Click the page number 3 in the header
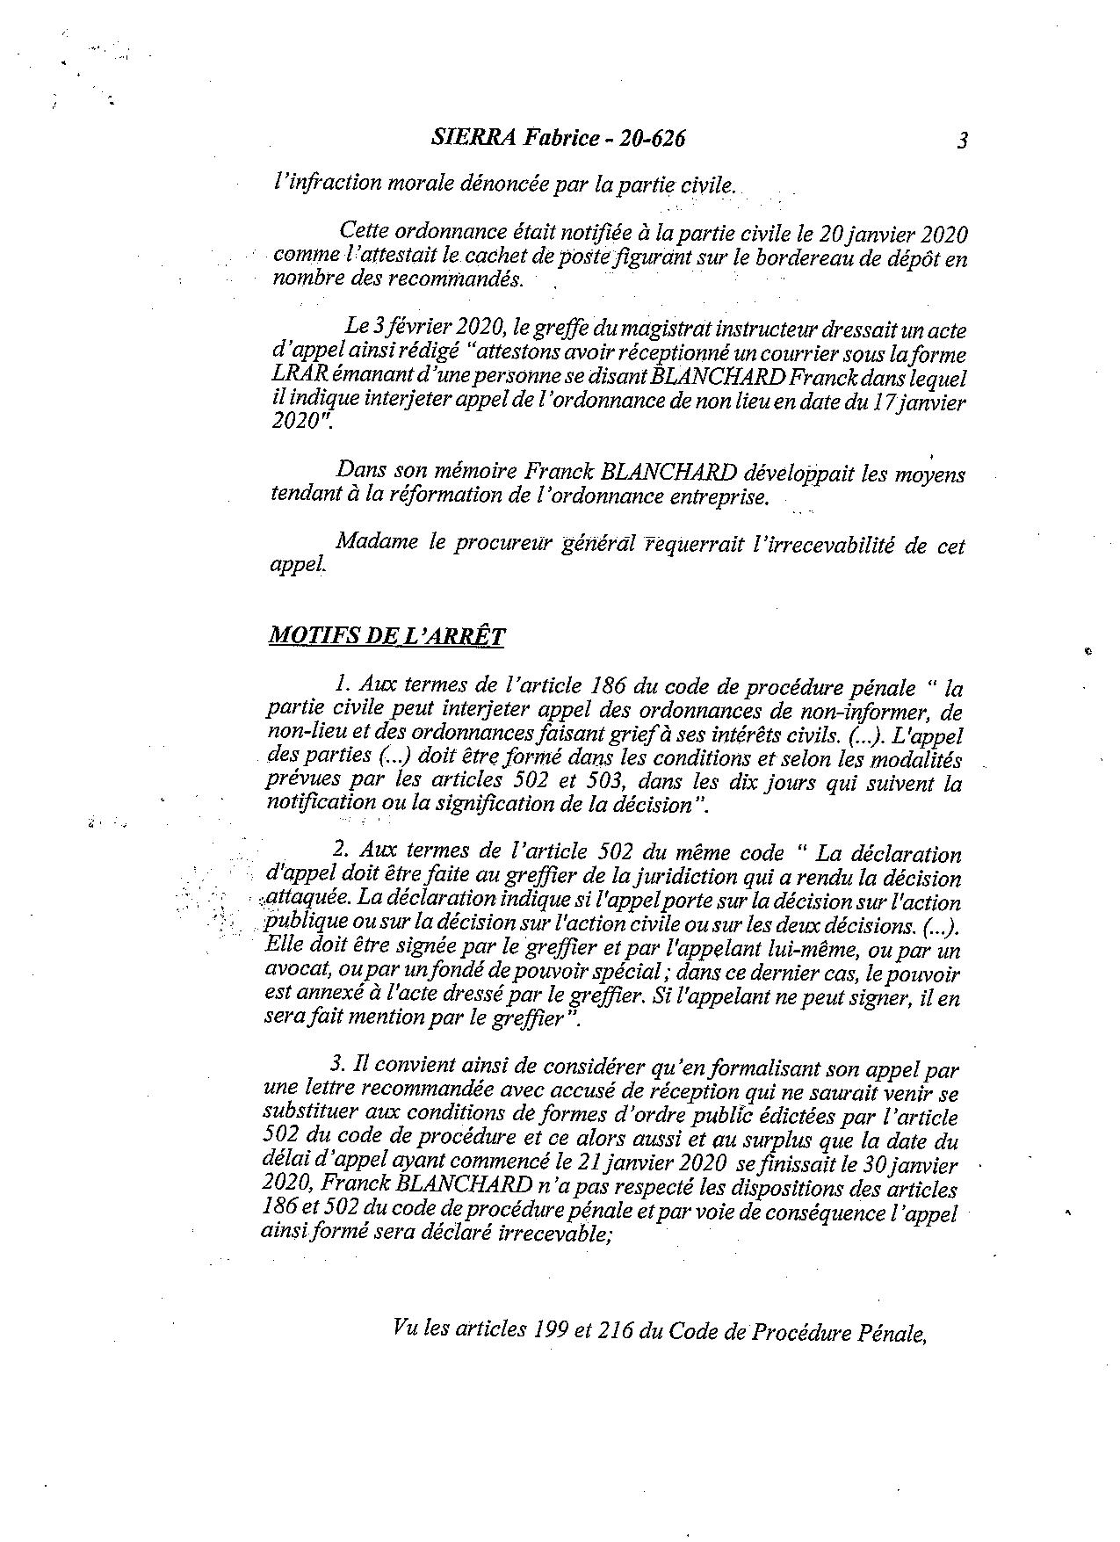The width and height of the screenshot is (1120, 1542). (x=962, y=141)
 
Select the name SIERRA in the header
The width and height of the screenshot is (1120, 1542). (x=465, y=138)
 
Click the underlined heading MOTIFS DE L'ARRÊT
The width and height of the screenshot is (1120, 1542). (x=387, y=635)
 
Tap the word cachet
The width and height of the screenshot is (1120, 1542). (x=495, y=258)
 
